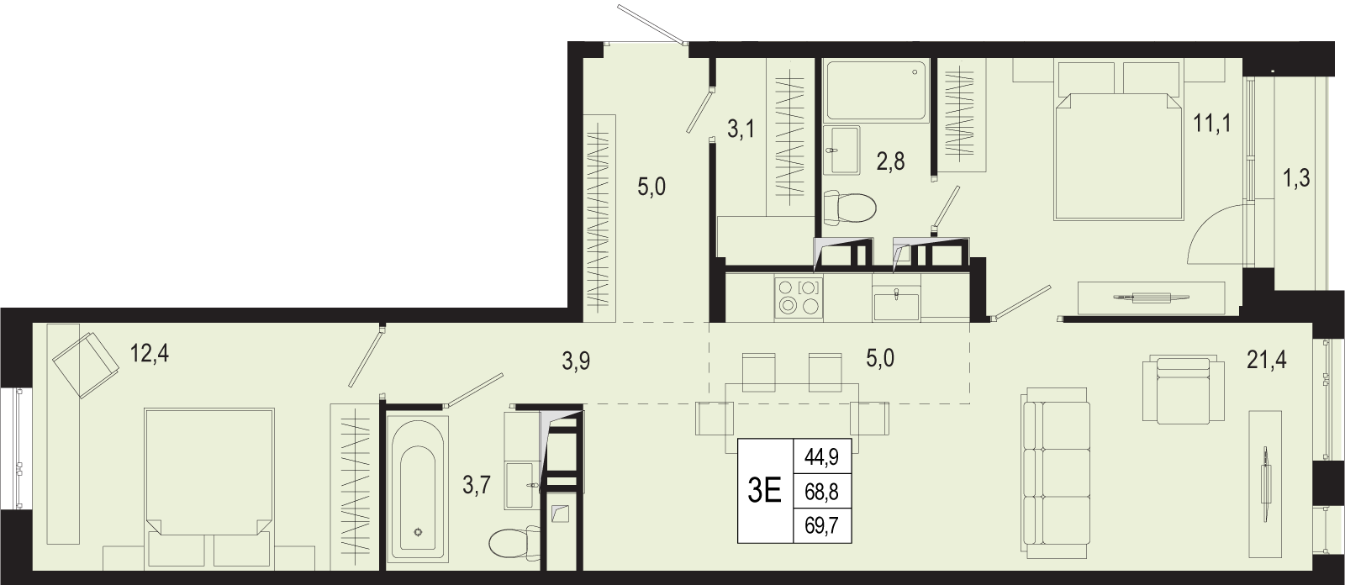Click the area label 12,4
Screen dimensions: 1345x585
pyautogui.click(x=150, y=354)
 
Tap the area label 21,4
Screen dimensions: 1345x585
pyautogui.click(x=1266, y=361)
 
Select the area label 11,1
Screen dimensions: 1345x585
pyautogui.click(x=1212, y=124)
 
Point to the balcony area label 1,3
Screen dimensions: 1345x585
pyautogui.click(x=1296, y=178)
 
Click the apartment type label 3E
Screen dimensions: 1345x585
pyautogui.click(x=765, y=492)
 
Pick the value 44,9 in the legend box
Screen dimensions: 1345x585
pyautogui.click(x=821, y=458)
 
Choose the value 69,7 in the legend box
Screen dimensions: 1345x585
pyautogui.click(x=821, y=526)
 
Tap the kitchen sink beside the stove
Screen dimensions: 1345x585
pyautogui.click(x=896, y=303)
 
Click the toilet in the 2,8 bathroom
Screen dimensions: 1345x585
pyautogui.click(x=849, y=206)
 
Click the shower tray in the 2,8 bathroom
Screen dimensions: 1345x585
pyautogui.click(x=877, y=90)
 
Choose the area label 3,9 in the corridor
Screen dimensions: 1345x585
pyautogui.click(x=576, y=361)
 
